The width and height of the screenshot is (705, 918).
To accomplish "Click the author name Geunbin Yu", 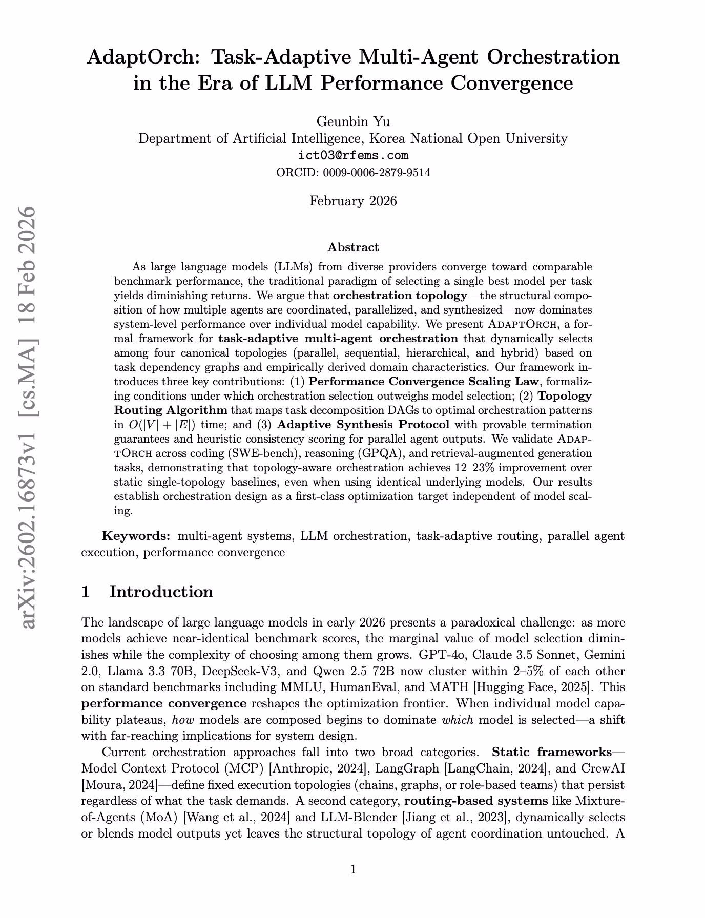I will [353, 121].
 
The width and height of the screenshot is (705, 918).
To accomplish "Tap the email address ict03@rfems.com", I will [353, 155].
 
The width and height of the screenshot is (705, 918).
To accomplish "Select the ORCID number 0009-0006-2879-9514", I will [376, 173].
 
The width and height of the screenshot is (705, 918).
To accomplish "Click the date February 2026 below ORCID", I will [353, 201].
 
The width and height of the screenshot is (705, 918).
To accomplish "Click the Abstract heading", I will [353, 247].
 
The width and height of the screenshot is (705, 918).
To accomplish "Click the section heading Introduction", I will [161, 592].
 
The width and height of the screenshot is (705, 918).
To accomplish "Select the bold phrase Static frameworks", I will [551, 752].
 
